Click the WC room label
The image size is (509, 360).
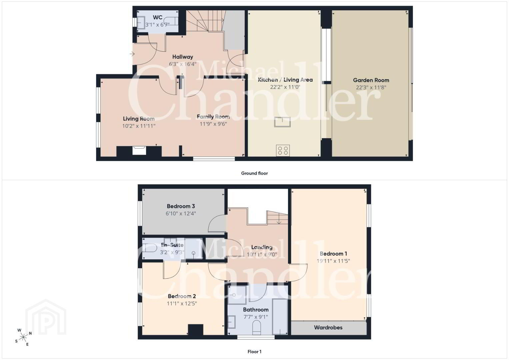tap(157, 17)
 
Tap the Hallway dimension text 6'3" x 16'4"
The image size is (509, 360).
tap(182, 64)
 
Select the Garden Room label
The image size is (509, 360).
tap(371, 80)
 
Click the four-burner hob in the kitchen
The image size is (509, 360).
tap(283, 150)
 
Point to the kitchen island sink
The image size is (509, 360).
tap(282, 122)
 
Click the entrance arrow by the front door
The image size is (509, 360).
tap(132, 54)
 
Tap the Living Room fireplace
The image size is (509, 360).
tap(139, 150)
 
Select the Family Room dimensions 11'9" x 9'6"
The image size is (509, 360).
tap(213, 124)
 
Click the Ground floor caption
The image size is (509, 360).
tap(255, 173)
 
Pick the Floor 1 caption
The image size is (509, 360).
tap(255, 352)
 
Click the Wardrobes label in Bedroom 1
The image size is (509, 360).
tap(328, 327)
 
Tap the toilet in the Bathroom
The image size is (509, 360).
tap(257, 327)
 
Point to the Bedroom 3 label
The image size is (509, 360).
tap(181, 206)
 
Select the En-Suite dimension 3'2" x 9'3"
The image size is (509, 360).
tap(172, 252)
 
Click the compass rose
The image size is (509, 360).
tap(23, 337)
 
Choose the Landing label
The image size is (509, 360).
tap(262, 247)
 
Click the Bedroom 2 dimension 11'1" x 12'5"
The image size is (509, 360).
tap(182, 303)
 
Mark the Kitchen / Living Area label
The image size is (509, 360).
tap(285, 80)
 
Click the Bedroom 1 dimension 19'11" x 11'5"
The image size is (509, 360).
tap(333, 261)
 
